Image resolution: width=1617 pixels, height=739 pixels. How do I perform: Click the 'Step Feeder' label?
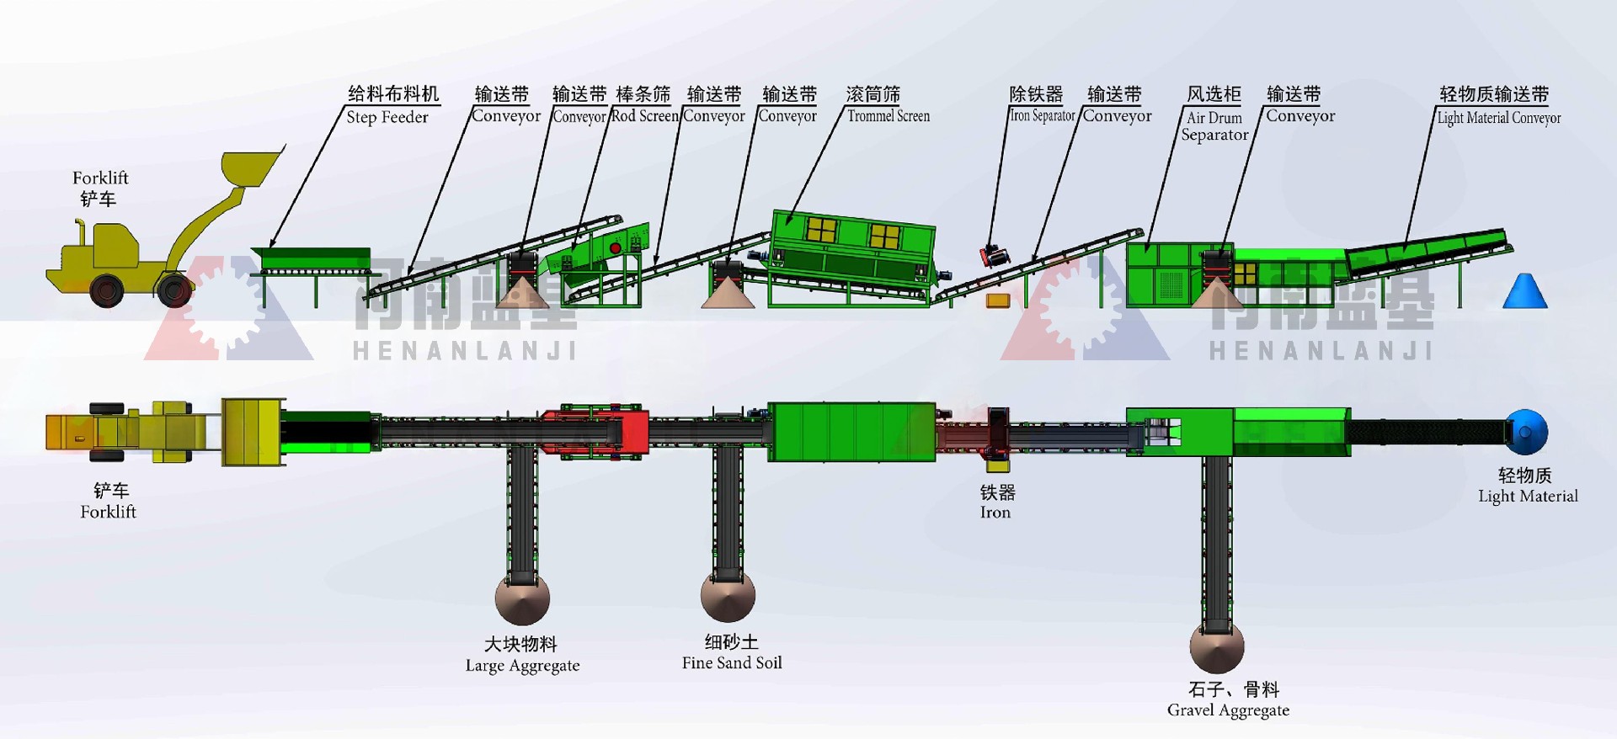click(387, 117)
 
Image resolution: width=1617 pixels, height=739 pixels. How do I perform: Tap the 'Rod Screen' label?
click(644, 116)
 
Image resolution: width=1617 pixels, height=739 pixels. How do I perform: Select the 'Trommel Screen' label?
click(889, 116)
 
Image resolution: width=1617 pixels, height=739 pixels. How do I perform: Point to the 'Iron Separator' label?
click(1043, 116)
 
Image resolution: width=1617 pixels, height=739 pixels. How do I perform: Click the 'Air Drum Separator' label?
click(1214, 126)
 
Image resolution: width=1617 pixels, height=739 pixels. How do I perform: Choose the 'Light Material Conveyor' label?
click(1498, 118)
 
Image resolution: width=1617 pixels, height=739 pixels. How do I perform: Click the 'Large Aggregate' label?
click(522, 665)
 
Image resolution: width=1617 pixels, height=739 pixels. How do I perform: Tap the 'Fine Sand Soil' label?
click(732, 662)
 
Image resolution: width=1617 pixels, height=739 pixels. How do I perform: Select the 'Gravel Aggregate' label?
click(1228, 710)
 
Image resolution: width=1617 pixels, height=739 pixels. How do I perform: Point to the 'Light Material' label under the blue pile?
click(1528, 496)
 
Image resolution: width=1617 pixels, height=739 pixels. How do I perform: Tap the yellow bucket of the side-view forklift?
click(250, 168)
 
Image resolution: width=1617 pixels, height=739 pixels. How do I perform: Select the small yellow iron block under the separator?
click(998, 300)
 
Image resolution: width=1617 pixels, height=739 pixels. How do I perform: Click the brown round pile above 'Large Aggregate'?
click(522, 599)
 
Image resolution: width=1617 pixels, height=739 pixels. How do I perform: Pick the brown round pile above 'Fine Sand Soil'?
click(728, 596)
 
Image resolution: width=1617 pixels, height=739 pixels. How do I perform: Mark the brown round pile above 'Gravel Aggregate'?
click(1217, 646)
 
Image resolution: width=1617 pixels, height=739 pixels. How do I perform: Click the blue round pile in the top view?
click(1526, 432)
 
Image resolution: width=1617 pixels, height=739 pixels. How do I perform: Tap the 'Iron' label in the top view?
click(996, 512)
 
